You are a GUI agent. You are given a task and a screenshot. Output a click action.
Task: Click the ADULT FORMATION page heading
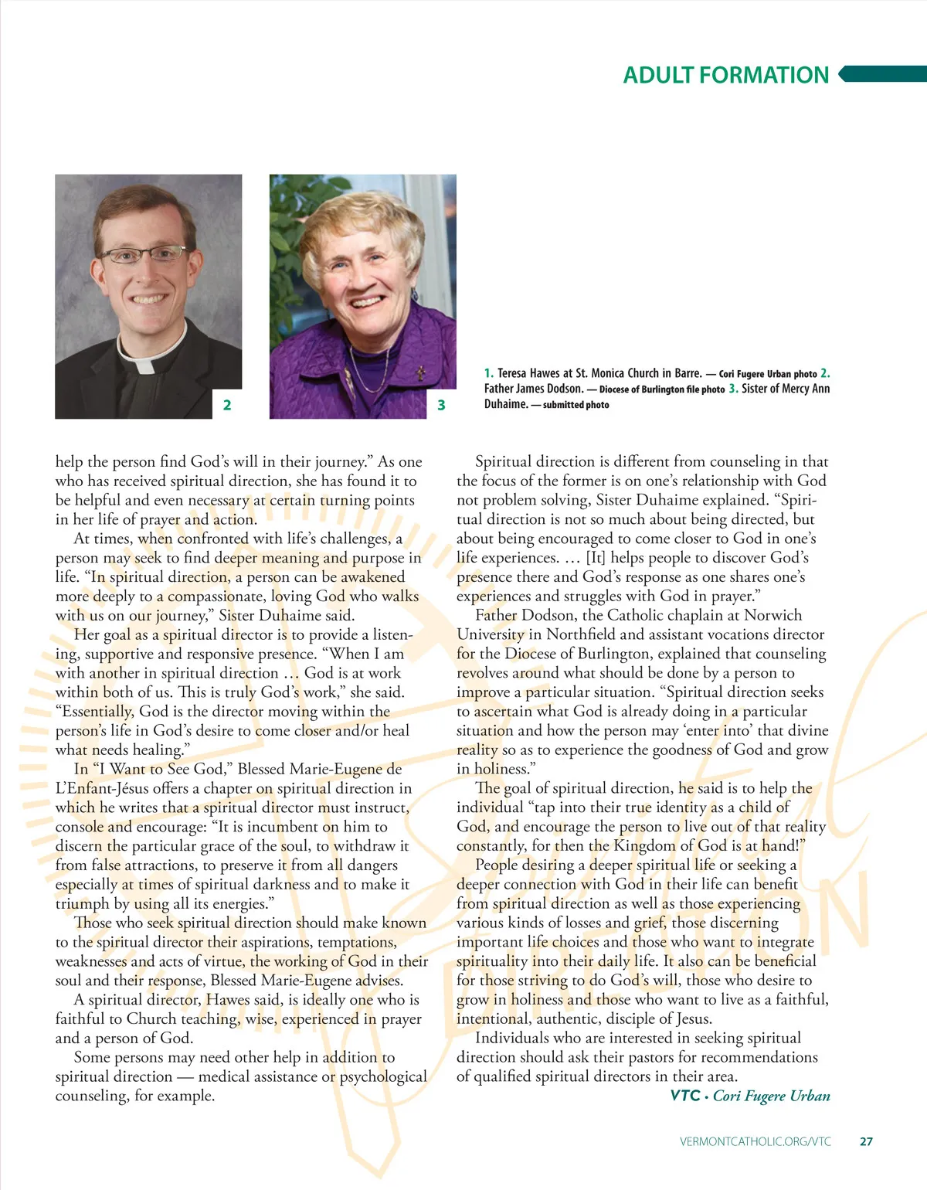725,75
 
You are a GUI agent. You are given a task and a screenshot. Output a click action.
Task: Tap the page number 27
866,1141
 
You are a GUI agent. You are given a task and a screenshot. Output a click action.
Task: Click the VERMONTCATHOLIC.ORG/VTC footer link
756,1141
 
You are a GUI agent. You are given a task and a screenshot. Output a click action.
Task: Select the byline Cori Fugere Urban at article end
771,1096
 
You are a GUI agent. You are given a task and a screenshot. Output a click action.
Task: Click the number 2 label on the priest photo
227,405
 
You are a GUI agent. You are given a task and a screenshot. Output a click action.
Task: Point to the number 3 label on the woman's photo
441,405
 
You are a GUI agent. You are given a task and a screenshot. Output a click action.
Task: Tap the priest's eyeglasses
143,254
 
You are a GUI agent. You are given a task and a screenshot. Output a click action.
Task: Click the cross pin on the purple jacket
421,373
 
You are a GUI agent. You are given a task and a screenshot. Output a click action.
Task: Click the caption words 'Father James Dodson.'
534,389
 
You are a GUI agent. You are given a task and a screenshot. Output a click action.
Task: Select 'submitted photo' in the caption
576,405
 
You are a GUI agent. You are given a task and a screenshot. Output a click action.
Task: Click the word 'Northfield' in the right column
585,634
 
